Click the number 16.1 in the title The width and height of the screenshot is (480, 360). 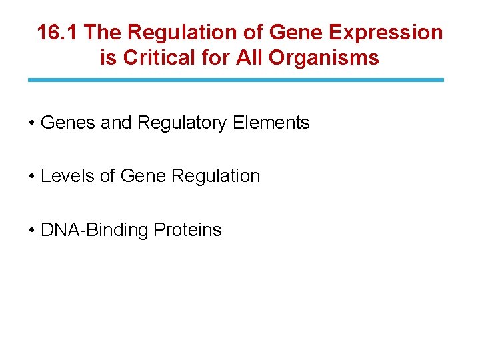click(x=57, y=32)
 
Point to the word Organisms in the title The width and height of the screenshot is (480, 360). click(x=324, y=58)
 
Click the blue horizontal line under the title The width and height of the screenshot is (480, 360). click(x=235, y=80)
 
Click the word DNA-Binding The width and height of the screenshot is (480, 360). click(x=94, y=230)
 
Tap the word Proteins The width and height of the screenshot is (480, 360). click(x=187, y=230)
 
